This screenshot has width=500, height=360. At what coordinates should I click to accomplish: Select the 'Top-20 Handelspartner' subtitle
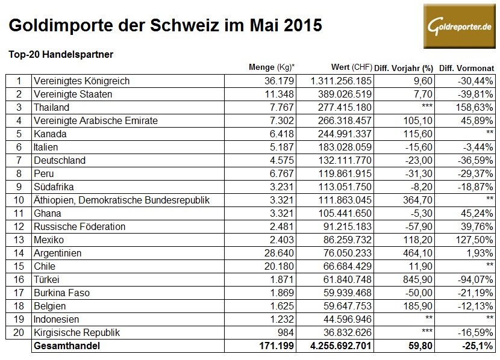[x=61, y=54]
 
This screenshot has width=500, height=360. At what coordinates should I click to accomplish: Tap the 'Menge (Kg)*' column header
[x=275, y=67]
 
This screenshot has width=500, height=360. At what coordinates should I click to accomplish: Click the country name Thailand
[x=52, y=107]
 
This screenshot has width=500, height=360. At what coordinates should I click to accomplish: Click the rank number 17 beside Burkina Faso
[x=19, y=293]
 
